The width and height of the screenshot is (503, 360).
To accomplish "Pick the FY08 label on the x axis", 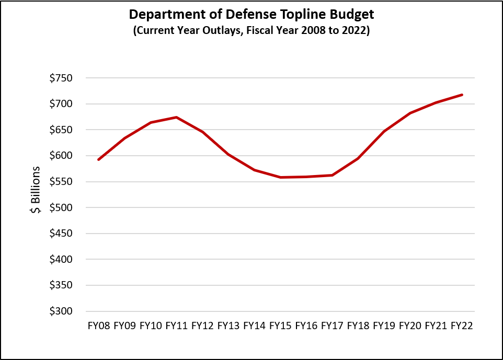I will click(x=99, y=326).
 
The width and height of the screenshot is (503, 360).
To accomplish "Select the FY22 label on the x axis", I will click(x=462, y=326).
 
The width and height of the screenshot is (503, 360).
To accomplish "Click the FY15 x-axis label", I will click(x=280, y=326).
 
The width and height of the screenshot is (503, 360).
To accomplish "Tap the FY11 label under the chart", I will click(x=177, y=326).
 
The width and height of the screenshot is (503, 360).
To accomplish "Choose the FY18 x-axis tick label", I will click(x=358, y=326).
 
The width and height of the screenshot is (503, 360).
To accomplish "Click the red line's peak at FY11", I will click(x=177, y=117).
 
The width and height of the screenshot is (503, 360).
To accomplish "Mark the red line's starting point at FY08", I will click(x=99, y=159).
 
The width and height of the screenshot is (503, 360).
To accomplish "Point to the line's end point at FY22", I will click(x=462, y=95).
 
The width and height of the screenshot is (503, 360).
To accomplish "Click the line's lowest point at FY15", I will click(x=280, y=177).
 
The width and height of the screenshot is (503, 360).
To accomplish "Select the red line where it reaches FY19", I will click(x=384, y=131).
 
